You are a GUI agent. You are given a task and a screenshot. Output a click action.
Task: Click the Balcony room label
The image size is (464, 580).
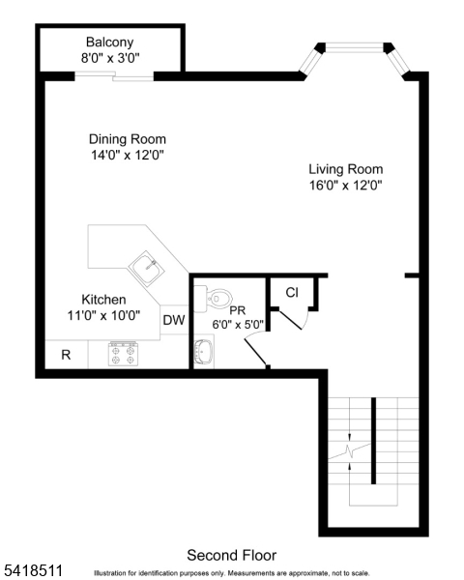[x=109, y=42]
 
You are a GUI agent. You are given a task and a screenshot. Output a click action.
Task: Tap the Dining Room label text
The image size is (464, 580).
[x=128, y=139]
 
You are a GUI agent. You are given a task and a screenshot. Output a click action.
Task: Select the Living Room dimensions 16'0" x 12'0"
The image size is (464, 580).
[x=345, y=185]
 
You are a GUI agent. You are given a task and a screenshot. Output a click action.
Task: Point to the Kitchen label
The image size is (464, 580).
[x=103, y=300]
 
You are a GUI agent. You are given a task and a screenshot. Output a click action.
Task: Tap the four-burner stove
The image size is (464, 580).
[x=123, y=354]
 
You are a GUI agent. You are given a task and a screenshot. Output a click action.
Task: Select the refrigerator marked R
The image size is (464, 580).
[x=67, y=355]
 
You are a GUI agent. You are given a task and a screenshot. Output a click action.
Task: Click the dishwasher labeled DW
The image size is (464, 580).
[x=174, y=320]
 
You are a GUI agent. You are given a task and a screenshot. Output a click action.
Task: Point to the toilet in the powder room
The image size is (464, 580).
[x=214, y=298]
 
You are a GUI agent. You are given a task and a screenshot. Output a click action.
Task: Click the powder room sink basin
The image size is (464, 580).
[x=204, y=352]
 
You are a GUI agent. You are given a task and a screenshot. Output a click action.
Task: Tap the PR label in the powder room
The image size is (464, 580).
[x=238, y=310]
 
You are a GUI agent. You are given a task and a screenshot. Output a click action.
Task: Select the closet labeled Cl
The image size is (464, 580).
[x=292, y=292]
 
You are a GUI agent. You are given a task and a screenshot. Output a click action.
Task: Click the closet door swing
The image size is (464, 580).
[x=292, y=320]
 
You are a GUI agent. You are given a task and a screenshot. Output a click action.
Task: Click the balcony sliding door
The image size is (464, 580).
[x=114, y=76]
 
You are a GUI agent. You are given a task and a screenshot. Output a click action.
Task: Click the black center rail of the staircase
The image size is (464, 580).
[x=374, y=441]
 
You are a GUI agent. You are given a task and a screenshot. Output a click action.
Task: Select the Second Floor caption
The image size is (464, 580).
[x=232, y=555]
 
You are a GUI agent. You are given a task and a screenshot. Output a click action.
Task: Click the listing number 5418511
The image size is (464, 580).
[x=34, y=570]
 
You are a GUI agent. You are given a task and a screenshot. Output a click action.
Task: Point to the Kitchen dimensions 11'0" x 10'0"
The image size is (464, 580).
[x=103, y=315]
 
